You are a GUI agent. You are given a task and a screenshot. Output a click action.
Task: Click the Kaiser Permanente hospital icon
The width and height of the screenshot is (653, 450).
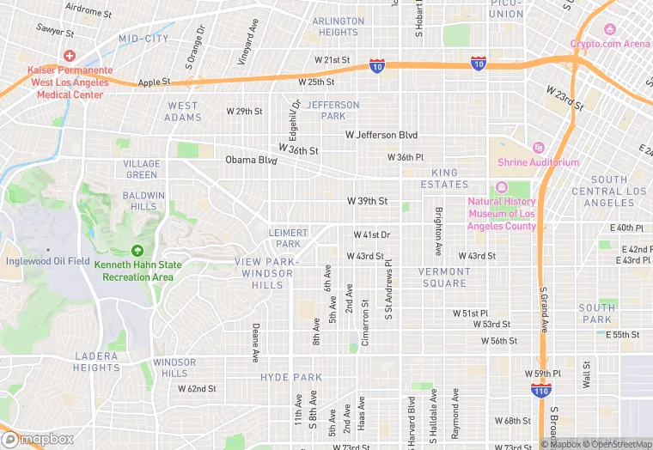(70, 55)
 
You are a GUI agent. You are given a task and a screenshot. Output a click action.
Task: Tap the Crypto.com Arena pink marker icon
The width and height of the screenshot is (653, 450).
(609, 29)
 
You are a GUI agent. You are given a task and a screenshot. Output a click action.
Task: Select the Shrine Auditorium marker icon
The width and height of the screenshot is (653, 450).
(539, 148)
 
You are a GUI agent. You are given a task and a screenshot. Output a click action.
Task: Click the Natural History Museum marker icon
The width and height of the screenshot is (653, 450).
(502, 187)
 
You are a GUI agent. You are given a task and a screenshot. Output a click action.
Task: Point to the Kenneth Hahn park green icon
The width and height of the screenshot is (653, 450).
(137, 250)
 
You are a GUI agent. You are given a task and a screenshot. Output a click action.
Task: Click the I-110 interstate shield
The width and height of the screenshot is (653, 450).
(535, 389)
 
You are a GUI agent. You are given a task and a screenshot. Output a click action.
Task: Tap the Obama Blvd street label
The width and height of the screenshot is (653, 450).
(251, 160)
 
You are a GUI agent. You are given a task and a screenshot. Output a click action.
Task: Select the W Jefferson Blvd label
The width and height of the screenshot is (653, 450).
(381, 135)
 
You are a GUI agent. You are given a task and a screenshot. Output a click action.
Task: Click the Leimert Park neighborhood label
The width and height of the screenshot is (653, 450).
(288, 238)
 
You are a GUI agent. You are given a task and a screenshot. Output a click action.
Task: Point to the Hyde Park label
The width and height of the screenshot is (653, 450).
(291, 377)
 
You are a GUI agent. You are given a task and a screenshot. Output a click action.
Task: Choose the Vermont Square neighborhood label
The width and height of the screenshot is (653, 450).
(444, 277)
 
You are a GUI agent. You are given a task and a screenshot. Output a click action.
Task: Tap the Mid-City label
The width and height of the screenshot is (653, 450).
(143, 39)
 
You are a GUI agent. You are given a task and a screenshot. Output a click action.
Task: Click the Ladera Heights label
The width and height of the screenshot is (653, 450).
(96, 362)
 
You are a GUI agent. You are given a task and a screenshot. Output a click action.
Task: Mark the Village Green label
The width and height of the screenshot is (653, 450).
(141, 169)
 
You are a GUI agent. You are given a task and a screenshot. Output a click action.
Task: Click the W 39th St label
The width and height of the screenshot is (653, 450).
(367, 200)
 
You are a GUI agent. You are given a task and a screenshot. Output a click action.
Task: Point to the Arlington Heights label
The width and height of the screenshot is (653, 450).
(338, 27)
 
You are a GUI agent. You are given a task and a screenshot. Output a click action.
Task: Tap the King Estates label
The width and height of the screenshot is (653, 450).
(444, 179)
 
